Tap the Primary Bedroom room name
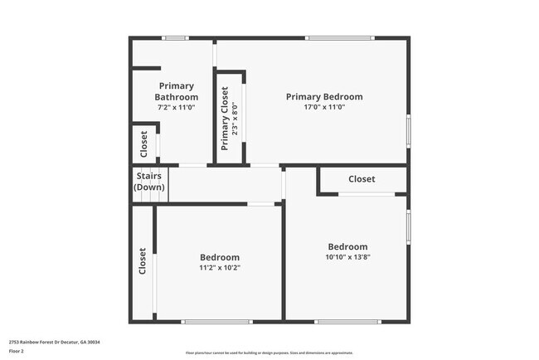point(324,96)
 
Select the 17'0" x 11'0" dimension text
point(324,107)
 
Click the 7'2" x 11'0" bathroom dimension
point(176,107)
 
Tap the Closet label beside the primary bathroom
point(144,144)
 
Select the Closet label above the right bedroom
point(362,179)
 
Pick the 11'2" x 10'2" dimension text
point(220,268)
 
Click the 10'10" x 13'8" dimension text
point(348,257)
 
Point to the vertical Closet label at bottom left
point(143,261)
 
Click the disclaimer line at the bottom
point(269,353)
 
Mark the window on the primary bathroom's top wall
point(174,37)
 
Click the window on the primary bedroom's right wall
point(409,130)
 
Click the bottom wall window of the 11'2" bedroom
point(217,322)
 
